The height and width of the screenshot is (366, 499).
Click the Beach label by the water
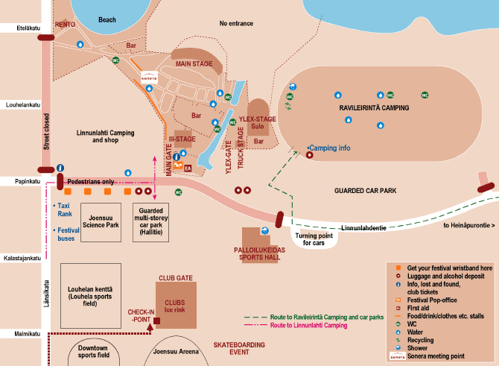click(107, 20)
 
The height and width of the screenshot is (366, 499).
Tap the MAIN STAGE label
click(194, 64)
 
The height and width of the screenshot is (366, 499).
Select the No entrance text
click(236, 24)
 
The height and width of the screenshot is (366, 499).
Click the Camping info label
click(329, 148)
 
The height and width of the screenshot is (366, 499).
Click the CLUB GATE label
click(176, 278)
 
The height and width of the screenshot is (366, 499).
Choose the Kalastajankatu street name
click(20, 258)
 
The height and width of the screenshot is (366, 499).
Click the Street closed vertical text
click(46, 131)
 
